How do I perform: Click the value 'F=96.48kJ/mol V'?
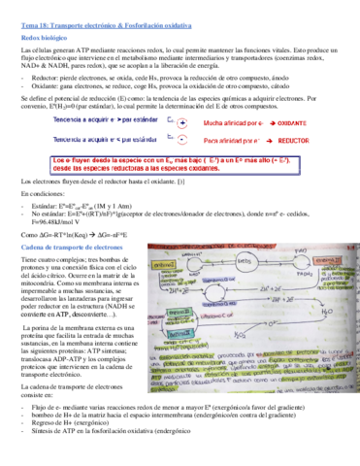pyautogui.click(x=58, y=222)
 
